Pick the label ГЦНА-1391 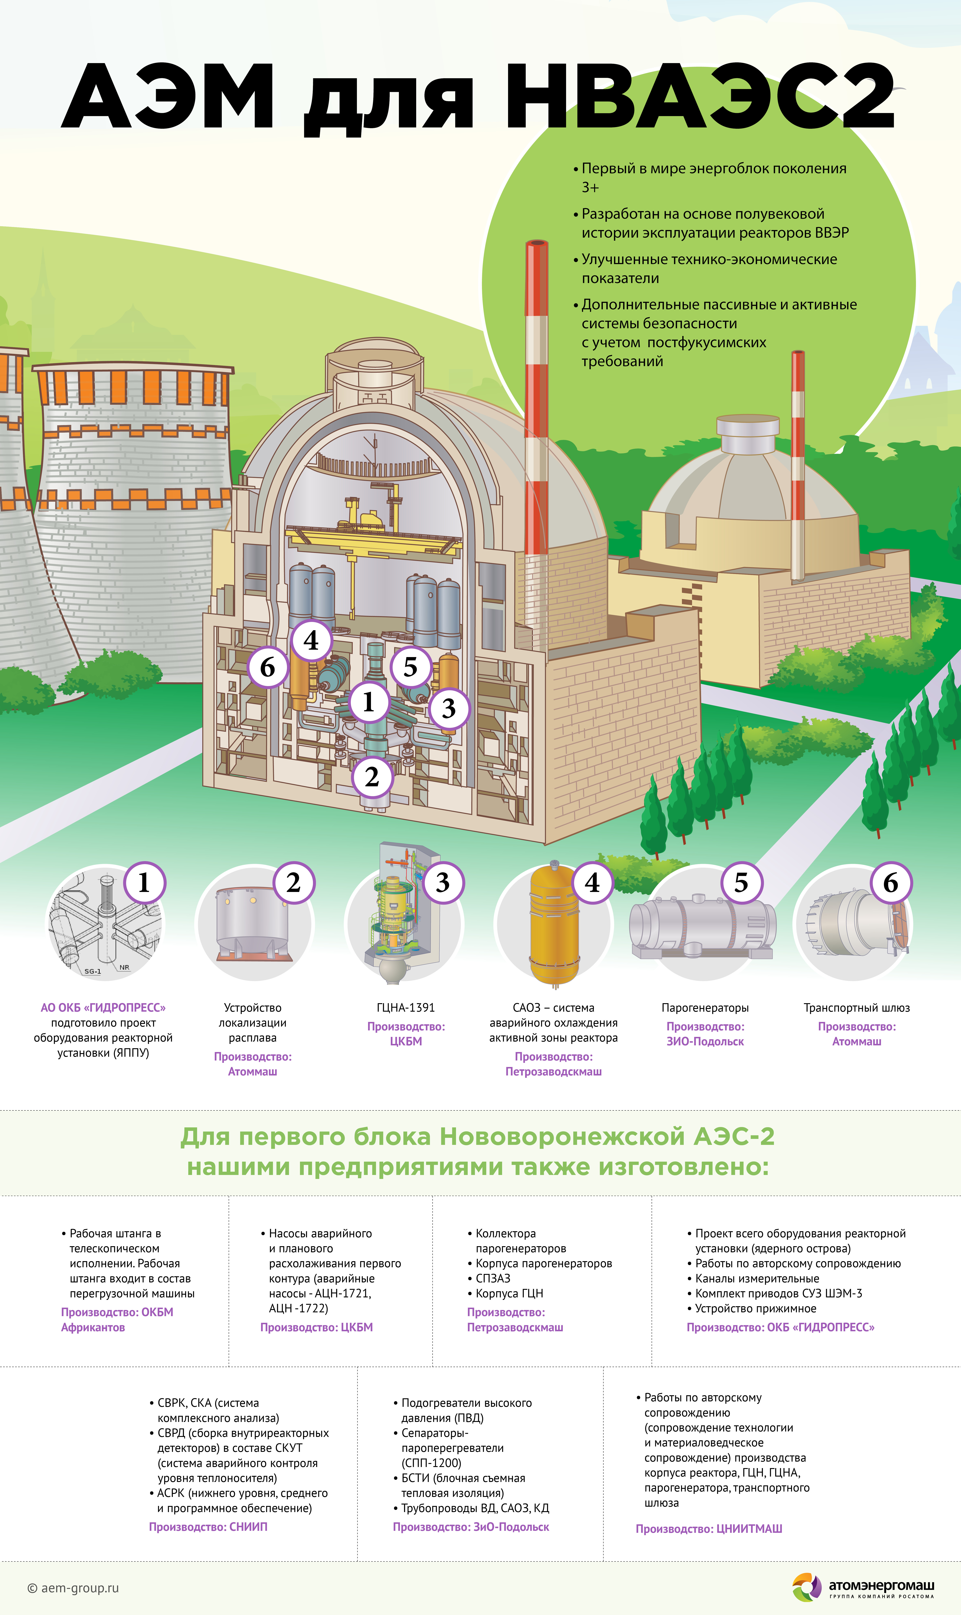406,1007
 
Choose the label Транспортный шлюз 857,1007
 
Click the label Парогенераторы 705,1007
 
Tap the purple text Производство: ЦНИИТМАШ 709,1529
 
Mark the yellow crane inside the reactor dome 372,528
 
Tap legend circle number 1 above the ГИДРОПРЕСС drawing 144,882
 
